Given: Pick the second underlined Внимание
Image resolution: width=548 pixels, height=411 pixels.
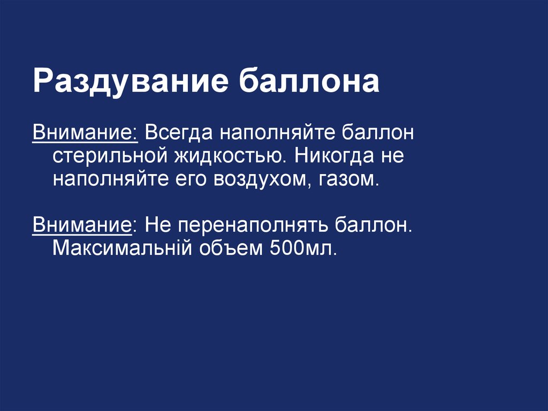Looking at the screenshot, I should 83,224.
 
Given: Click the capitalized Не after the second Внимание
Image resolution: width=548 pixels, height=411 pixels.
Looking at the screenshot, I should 157,224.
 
